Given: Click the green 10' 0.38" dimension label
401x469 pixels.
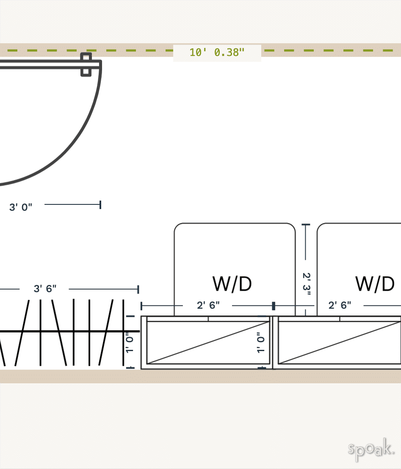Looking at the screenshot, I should tap(217, 53).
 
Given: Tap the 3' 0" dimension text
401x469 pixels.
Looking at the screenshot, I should tap(21, 207).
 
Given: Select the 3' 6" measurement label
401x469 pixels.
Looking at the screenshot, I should tap(45, 289).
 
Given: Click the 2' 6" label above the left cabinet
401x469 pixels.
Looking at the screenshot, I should tap(208, 305).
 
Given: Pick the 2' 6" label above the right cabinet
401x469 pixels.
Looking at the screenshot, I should tap(340, 305).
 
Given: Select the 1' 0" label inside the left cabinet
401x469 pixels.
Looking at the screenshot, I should tap(261, 343).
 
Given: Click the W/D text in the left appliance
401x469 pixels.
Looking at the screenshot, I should tap(232, 284).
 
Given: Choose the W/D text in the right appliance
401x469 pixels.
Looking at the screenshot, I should tap(375, 284).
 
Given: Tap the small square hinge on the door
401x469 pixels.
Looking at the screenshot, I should tap(86, 64).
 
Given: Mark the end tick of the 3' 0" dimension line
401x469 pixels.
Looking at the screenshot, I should tap(100, 205).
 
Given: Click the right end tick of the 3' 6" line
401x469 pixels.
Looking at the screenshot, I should tap(138, 289).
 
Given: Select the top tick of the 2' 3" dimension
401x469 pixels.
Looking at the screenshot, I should tap(306, 225).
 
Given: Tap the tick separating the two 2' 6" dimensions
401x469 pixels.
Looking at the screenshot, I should tap(274, 306).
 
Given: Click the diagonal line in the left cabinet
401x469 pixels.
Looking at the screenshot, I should tap(208, 343).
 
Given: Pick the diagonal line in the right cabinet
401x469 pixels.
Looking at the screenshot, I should tap(339, 343).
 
